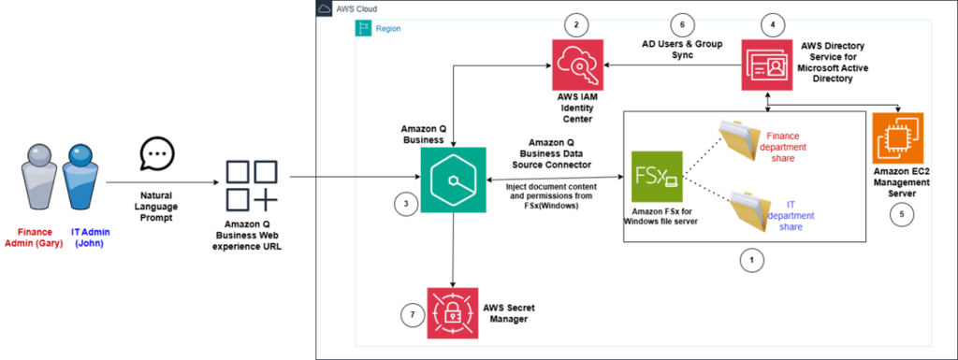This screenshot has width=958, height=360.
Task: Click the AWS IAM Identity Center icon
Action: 577,66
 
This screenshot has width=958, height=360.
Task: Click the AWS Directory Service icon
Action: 768,65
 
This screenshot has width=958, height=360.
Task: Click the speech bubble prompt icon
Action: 156,151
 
